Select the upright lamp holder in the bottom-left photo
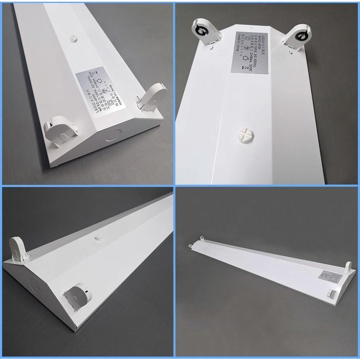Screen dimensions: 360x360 tap(19, 249)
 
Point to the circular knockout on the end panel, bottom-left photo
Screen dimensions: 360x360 tap(34, 283)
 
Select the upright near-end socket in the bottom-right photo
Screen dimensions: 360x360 tap(348, 269)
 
